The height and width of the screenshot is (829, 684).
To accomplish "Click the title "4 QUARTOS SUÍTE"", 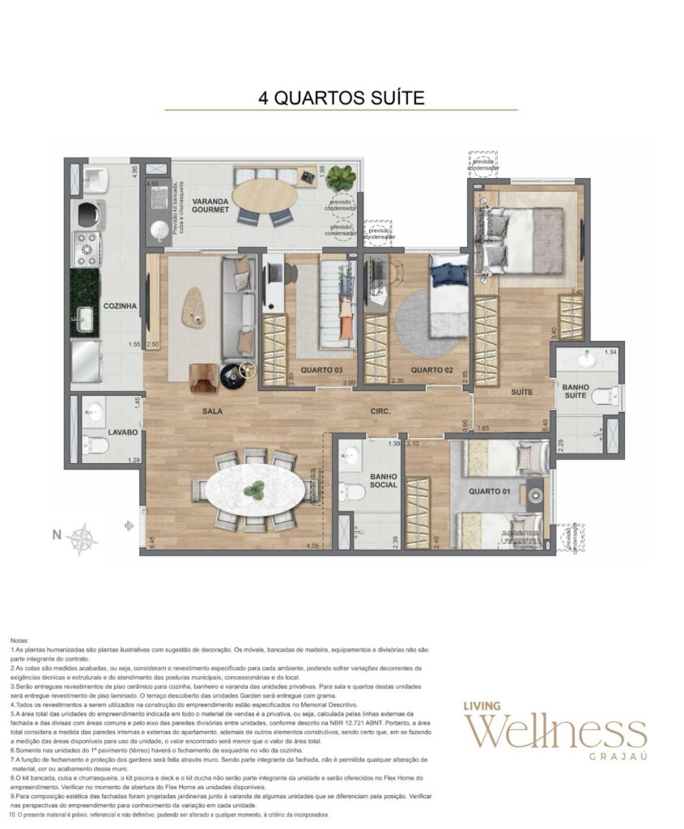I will point(341,98).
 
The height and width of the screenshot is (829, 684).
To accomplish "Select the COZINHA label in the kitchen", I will point(120,306).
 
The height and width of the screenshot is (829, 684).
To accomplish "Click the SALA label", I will point(213,411).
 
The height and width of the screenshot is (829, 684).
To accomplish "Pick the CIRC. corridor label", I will point(380,411).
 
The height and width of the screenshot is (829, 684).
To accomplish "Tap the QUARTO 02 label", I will point(430,370).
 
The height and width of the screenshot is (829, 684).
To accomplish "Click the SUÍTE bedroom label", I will point(521,392).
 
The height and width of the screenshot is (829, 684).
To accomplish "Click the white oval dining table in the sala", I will point(254,490).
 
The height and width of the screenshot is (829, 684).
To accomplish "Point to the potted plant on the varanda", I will point(342,176).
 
